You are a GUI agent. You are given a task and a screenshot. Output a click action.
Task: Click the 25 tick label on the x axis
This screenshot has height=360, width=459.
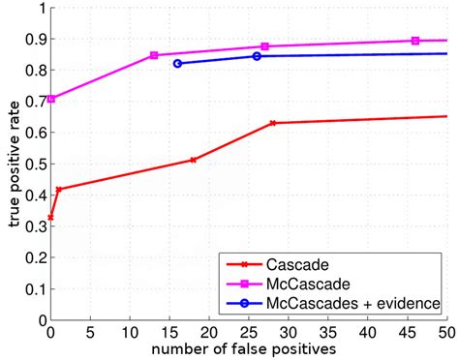(248, 331)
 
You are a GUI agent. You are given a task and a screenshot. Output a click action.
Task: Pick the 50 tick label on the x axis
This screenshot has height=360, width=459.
(446, 331)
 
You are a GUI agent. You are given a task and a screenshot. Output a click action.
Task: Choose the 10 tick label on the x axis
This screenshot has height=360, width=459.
(129, 331)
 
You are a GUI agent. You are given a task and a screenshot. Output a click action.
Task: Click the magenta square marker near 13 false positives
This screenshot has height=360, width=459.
(154, 56)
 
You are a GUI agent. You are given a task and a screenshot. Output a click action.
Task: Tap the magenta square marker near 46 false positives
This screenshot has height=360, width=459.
(415, 41)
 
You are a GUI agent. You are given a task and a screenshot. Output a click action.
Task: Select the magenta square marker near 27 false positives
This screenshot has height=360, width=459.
(264, 46)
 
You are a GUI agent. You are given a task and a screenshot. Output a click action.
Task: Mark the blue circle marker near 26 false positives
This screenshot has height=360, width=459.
(257, 56)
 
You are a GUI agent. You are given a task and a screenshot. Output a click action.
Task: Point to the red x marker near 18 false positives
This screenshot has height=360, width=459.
(194, 160)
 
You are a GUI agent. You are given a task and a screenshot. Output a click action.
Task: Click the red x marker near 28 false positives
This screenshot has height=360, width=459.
(273, 123)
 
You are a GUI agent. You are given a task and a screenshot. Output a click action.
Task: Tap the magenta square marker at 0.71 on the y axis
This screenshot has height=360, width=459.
(51, 99)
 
